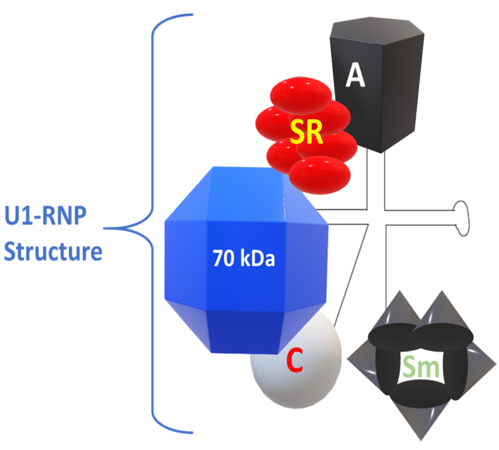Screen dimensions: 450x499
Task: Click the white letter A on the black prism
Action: (x=355, y=75)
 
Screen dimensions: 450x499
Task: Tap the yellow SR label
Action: (x=306, y=132)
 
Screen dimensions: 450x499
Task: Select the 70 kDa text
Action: (x=244, y=258)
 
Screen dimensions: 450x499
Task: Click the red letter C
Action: (x=295, y=360)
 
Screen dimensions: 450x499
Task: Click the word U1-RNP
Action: (x=46, y=216)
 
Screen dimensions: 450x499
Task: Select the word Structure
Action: (x=53, y=251)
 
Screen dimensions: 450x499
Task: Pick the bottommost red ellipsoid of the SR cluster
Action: (x=319, y=175)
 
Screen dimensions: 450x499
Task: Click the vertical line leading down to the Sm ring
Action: (x=386, y=266)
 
